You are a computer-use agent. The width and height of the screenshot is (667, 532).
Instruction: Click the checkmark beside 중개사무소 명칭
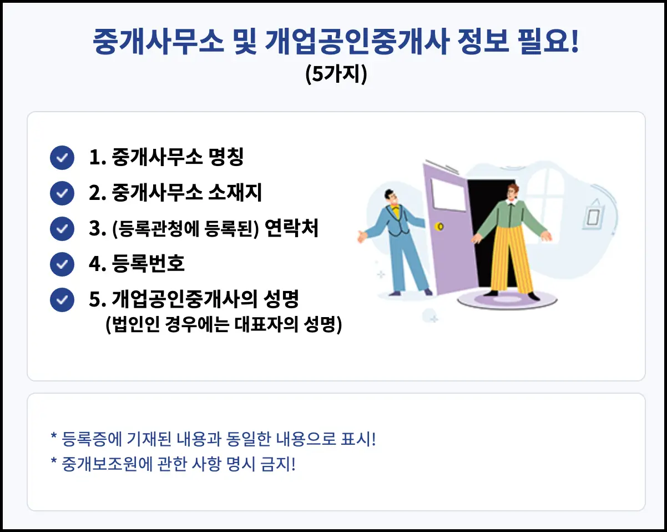[62, 158]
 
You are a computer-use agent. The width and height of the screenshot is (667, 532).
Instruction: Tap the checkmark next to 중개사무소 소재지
[62, 193]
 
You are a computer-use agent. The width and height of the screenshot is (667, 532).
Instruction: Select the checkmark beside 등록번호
[62, 264]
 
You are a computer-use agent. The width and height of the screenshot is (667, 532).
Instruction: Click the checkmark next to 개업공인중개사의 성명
[62, 300]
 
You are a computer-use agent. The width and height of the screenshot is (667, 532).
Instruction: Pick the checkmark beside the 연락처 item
[62, 229]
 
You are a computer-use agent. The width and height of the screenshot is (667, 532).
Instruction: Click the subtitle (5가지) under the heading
[336, 75]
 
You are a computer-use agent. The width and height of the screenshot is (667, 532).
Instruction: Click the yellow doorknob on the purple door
[441, 227]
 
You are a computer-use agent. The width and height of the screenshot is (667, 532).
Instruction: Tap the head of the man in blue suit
[392, 197]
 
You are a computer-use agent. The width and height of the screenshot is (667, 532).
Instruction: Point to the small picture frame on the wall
[594, 215]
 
